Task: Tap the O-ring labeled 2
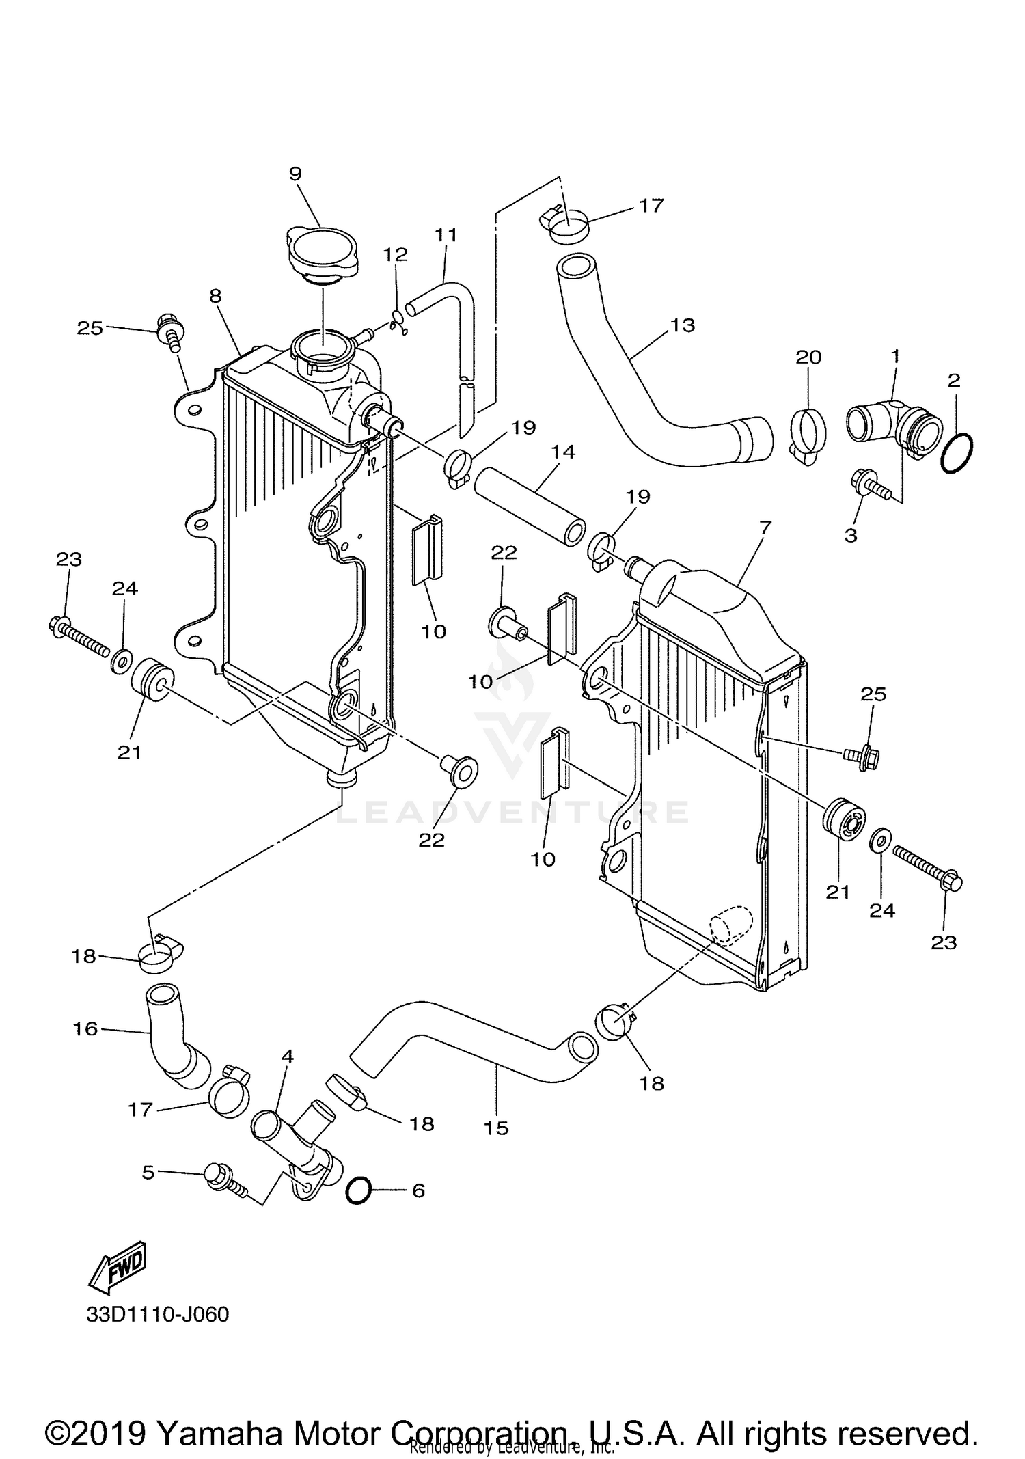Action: click(957, 452)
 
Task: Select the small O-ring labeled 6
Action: click(359, 1190)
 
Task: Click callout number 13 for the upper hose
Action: click(683, 325)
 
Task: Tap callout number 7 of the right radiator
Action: click(765, 527)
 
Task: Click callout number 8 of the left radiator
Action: click(215, 296)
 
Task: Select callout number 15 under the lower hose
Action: click(497, 1128)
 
